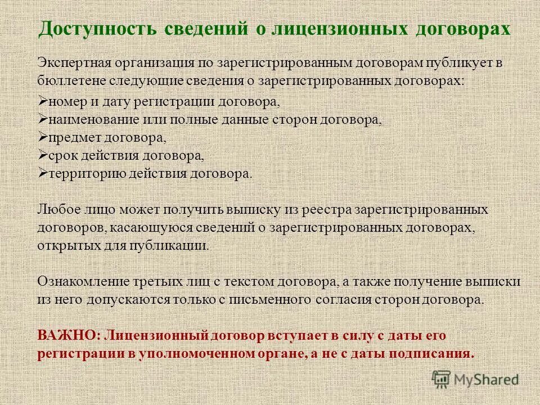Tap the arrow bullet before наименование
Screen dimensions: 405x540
pyautogui.click(x=43, y=120)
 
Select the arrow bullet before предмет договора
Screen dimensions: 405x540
pyautogui.click(x=43, y=138)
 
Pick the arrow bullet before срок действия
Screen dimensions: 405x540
pyautogui.click(x=43, y=155)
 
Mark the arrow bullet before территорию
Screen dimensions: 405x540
pyautogui.click(x=43, y=173)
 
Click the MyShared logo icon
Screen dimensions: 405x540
pyautogui.click(x=442, y=380)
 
